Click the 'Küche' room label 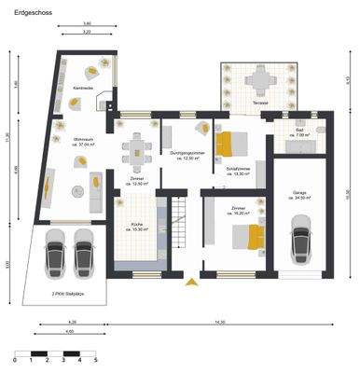(x=136, y=225)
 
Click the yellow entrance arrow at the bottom (x=191, y=280)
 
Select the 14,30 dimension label (x=220, y=323)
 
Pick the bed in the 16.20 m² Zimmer (x=244, y=235)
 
